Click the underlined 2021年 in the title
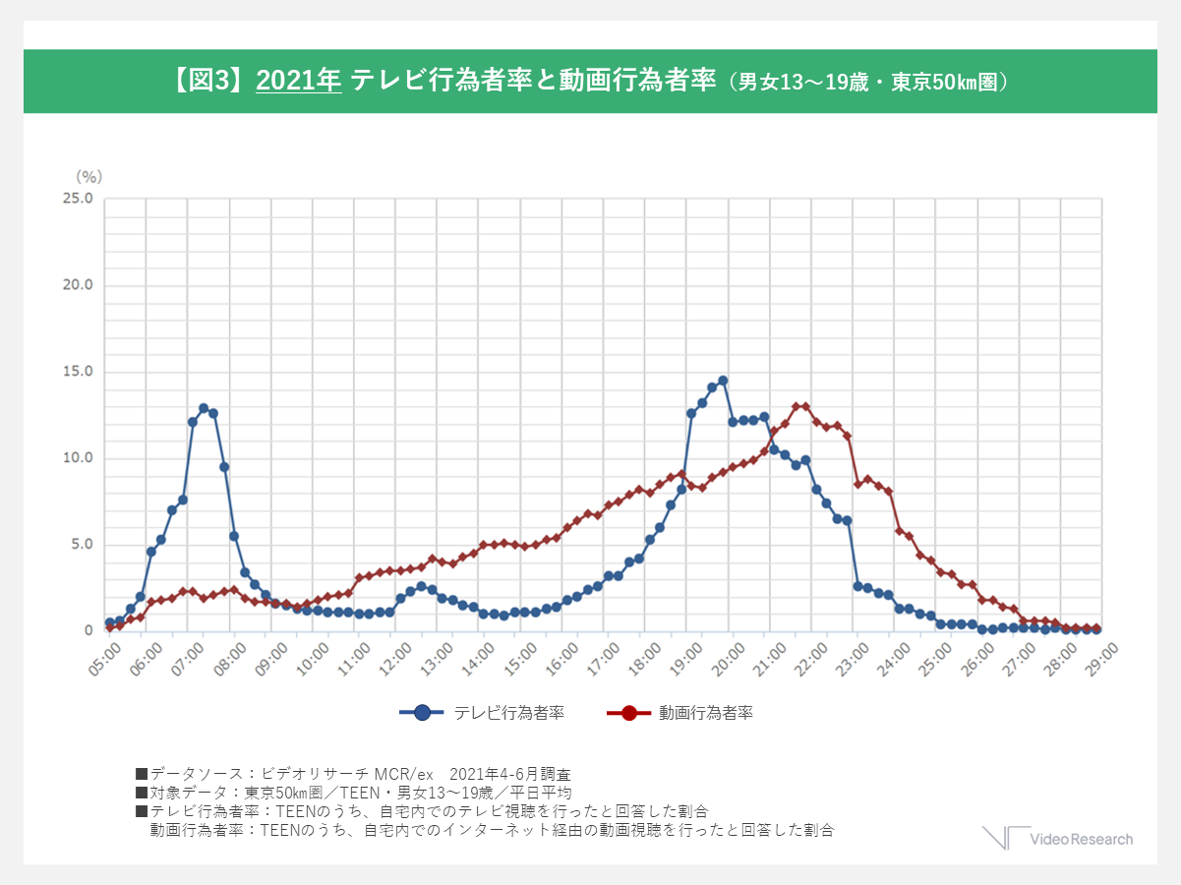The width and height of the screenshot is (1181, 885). point(298,81)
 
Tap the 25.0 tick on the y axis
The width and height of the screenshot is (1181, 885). point(77,199)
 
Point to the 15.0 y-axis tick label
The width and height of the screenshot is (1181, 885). point(77,372)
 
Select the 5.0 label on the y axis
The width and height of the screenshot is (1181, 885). point(80,545)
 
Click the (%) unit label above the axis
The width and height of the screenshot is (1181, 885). point(89,176)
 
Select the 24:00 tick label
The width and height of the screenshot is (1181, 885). point(895,653)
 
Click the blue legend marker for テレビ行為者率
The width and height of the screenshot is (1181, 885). point(423,713)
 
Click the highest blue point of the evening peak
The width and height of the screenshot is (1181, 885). point(723,381)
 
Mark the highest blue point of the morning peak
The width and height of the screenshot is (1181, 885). point(204,408)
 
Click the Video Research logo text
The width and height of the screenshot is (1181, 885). point(1081,839)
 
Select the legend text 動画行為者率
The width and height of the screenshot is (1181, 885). point(706,713)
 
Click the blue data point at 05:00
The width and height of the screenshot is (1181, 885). point(109,622)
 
